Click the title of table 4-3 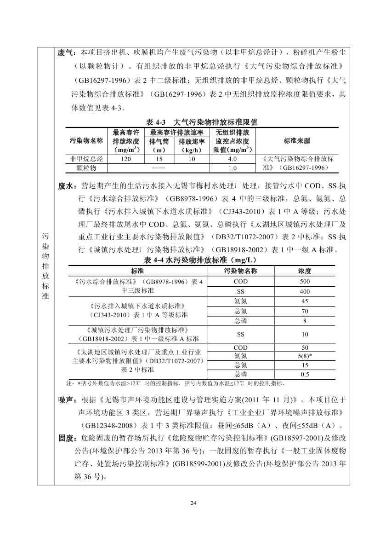coord(202,122)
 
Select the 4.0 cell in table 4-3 coord(232,159)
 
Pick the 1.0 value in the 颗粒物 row coord(232,168)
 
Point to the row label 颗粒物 coord(86,168)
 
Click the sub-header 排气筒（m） coord(159,145)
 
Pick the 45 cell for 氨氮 coord(305,301)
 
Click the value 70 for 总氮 coord(305,311)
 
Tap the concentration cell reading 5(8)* coord(305,356)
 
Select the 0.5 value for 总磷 coord(305,374)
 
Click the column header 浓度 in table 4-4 coord(305,271)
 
